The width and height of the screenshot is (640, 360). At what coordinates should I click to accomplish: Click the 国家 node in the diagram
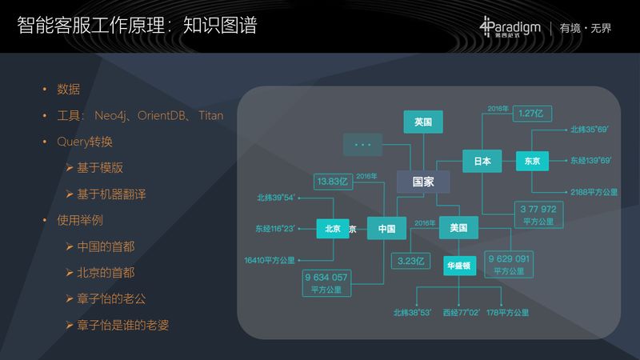click(423, 182)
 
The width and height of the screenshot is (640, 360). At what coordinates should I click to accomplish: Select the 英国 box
click(423, 122)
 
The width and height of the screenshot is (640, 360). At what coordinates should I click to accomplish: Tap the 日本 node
click(482, 161)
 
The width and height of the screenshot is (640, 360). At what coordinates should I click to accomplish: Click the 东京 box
click(532, 161)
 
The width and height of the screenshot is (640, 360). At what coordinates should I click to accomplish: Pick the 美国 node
click(458, 229)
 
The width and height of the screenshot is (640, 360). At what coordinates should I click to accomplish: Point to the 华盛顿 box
click(462, 265)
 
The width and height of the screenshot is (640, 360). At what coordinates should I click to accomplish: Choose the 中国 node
click(387, 229)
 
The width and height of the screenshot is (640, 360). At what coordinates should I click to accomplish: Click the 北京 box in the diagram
click(333, 229)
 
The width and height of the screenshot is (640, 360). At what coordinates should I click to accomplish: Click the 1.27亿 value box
click(530, 114)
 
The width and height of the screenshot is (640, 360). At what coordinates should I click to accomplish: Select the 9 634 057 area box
click(326, 282)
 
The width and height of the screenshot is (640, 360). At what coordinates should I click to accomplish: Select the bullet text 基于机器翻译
click(111, 194)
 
